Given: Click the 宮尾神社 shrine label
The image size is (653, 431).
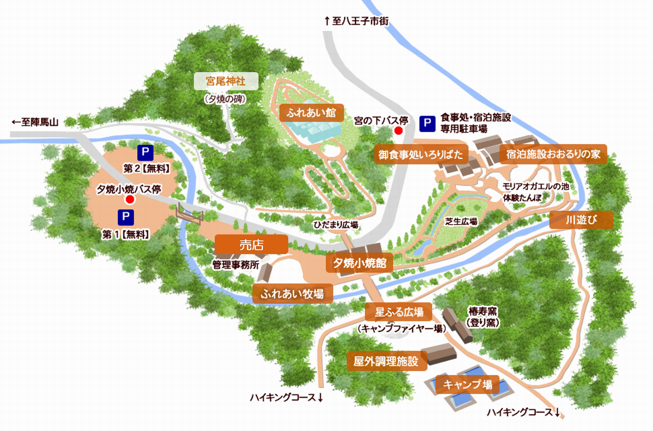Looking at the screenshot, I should coord(226,81).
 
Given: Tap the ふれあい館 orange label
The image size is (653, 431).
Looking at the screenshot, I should coord(311,113).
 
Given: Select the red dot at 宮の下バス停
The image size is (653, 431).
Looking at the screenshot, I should coord(398,131).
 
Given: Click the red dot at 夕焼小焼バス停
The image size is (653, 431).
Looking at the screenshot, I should coord(130,199).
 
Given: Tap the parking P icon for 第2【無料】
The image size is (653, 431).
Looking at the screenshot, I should coord(145,153).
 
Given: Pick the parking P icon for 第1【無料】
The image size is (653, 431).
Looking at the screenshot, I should coord(126,217).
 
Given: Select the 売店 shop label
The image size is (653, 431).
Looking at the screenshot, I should coord(251,245).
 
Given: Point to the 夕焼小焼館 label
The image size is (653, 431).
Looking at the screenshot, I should coord(360,263).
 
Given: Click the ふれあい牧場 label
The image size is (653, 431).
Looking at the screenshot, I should coord(293,294).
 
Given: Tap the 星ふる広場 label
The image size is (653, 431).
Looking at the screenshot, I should coord(399,312).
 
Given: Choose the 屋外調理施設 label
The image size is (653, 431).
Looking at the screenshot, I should coord(386,361).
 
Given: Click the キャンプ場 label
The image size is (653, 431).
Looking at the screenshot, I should coord(468,384).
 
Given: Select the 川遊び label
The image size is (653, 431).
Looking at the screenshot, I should coord(581,220).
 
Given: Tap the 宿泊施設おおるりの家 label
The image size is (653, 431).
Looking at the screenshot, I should coord(553,154).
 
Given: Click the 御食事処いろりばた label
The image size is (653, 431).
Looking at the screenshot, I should coord(421,155).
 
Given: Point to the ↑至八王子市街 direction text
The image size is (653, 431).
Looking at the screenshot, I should coord(357,21).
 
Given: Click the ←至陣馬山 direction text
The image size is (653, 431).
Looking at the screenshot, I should coord(35,122).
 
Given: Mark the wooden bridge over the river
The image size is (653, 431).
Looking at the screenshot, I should coord(189,213).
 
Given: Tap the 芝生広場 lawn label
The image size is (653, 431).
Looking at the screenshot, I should coord(461,222).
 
